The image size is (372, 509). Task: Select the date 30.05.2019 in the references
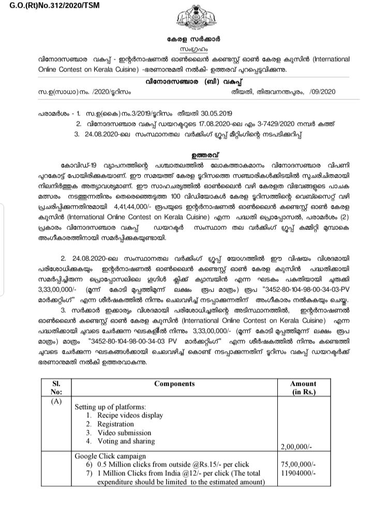(217, 113)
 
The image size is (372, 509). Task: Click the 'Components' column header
(174, 384)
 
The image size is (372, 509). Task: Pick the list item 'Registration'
(115, 424)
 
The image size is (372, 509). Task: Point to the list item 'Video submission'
(122, 432)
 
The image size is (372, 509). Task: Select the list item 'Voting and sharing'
(126, 441)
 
